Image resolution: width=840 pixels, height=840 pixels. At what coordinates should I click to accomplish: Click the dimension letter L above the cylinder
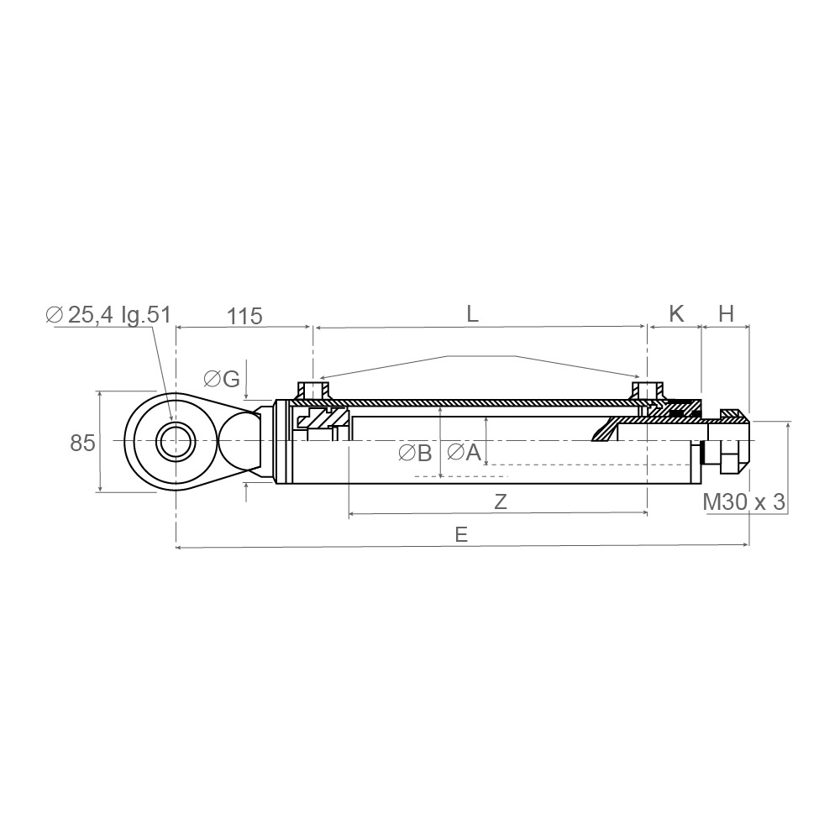click(x=472, y=314)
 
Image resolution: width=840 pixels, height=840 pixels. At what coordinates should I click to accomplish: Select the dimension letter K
click(x=676, y=314)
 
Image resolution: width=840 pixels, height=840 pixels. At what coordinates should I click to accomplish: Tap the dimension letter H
click(x=726, y=314)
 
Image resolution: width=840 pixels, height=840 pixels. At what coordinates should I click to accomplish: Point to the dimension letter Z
click(x=501, y=502)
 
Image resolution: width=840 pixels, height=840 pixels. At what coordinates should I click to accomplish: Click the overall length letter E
click(x=461, y=534)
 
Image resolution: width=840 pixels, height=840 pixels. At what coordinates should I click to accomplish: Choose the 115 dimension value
click(x=244, y=316)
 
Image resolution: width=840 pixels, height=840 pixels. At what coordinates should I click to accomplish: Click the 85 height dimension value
click(x=82, y=443)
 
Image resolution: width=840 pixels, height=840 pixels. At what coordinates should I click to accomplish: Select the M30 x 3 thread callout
click(x=743, y=502)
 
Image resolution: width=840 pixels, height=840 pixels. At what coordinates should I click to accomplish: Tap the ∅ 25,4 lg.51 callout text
click(x=108, y=314)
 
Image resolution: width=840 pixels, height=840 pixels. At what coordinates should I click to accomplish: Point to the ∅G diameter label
click(x=222, y=380)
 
